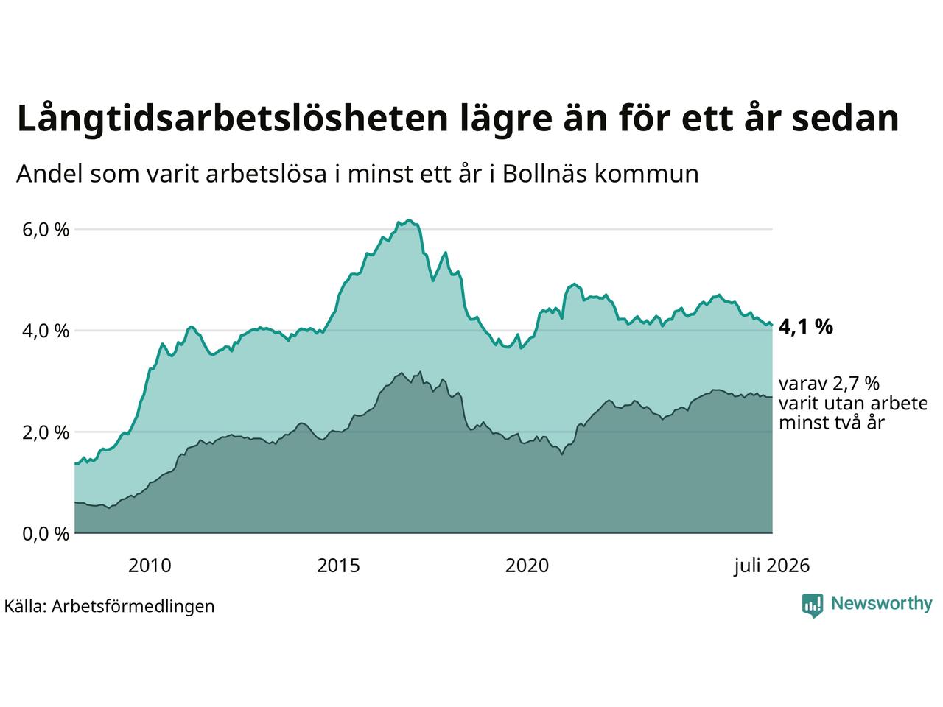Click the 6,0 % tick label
[x=46, y=230]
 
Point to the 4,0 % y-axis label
[x=46, y=331]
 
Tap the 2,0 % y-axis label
[x=46, y=433]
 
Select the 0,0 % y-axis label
[x=46, y=534]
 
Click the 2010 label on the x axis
[x=150, y=566]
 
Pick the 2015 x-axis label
[x=338, y=566]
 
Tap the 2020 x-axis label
[x=527, y=566]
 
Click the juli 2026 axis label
[x=771, y=566]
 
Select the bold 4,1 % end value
[x=805, y=327]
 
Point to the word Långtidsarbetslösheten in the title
[x=232, y=119]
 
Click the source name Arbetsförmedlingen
[x=133, y=607]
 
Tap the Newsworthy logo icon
[x=813, y=605]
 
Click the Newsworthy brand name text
[x=882, y=604]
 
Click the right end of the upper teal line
[x=772, y=325]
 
